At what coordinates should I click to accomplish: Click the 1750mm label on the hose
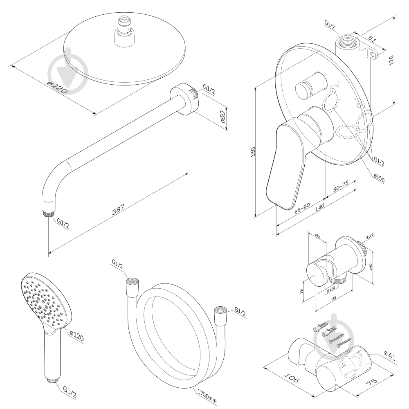(x=207, y=396)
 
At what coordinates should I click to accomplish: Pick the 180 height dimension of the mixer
(x=252, y=152)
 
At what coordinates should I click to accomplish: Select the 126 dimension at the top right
(x=392, y=60)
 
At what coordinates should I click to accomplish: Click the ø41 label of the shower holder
(x=390, y=356)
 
